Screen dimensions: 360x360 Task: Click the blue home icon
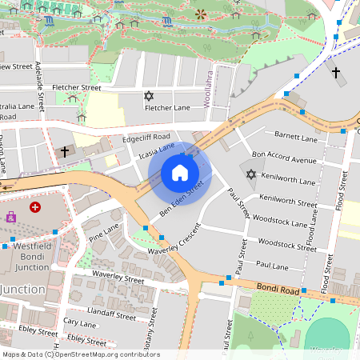click(x=180, y=173)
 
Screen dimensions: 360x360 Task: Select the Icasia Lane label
click(x=156, y=150)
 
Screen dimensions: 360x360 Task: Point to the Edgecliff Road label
click(x=146, y=137)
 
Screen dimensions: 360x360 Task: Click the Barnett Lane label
click(x=297, y=135)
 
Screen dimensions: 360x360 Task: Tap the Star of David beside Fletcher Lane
click(x=148, y=97)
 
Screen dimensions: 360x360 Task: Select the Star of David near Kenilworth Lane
click(x=250, y=174)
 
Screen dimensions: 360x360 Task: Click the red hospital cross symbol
click(x=35, y=207)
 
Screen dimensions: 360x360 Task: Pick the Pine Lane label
click(x=104, y=233)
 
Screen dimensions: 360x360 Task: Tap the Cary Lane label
click(x=80, y=322)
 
